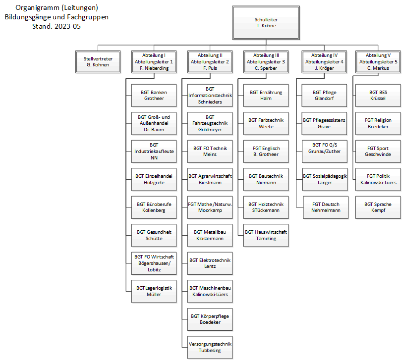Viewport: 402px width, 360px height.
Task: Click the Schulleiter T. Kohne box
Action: click(x=266, y=23)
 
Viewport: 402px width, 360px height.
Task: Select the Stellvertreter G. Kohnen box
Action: click(x=98, y=62)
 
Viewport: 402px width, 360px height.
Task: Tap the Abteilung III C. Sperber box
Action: click(x=266, y=62)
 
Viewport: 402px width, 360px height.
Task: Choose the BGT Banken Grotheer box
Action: click(x=154, y=96)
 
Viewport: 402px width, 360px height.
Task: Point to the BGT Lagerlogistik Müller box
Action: click(x=154, y=291)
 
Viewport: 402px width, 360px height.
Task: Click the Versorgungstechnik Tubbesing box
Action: click(x=210, y=348)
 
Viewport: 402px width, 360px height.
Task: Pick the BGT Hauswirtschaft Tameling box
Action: click(x=266, y=235)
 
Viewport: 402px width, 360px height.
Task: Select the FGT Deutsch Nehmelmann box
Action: click(x=326, y=207)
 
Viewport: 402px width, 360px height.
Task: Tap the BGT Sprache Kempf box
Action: click(x=378, y=207)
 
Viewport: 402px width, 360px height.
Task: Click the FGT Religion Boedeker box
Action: click(x=378, y=123)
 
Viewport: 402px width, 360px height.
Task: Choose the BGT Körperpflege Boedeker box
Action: click(x=210, y=319)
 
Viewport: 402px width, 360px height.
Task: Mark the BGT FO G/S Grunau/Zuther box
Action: click(x=325, y=152)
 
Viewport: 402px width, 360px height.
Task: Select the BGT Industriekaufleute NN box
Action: click(x=154, y=152)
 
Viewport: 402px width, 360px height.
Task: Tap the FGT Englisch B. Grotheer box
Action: click(x=266, y=152)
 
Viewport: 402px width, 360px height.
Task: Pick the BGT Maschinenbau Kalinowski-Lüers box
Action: click(x=210, y=291)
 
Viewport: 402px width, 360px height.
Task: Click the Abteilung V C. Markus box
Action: click(x=378, y=62)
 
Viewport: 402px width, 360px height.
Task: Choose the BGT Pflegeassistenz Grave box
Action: click(x=324, y=123)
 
